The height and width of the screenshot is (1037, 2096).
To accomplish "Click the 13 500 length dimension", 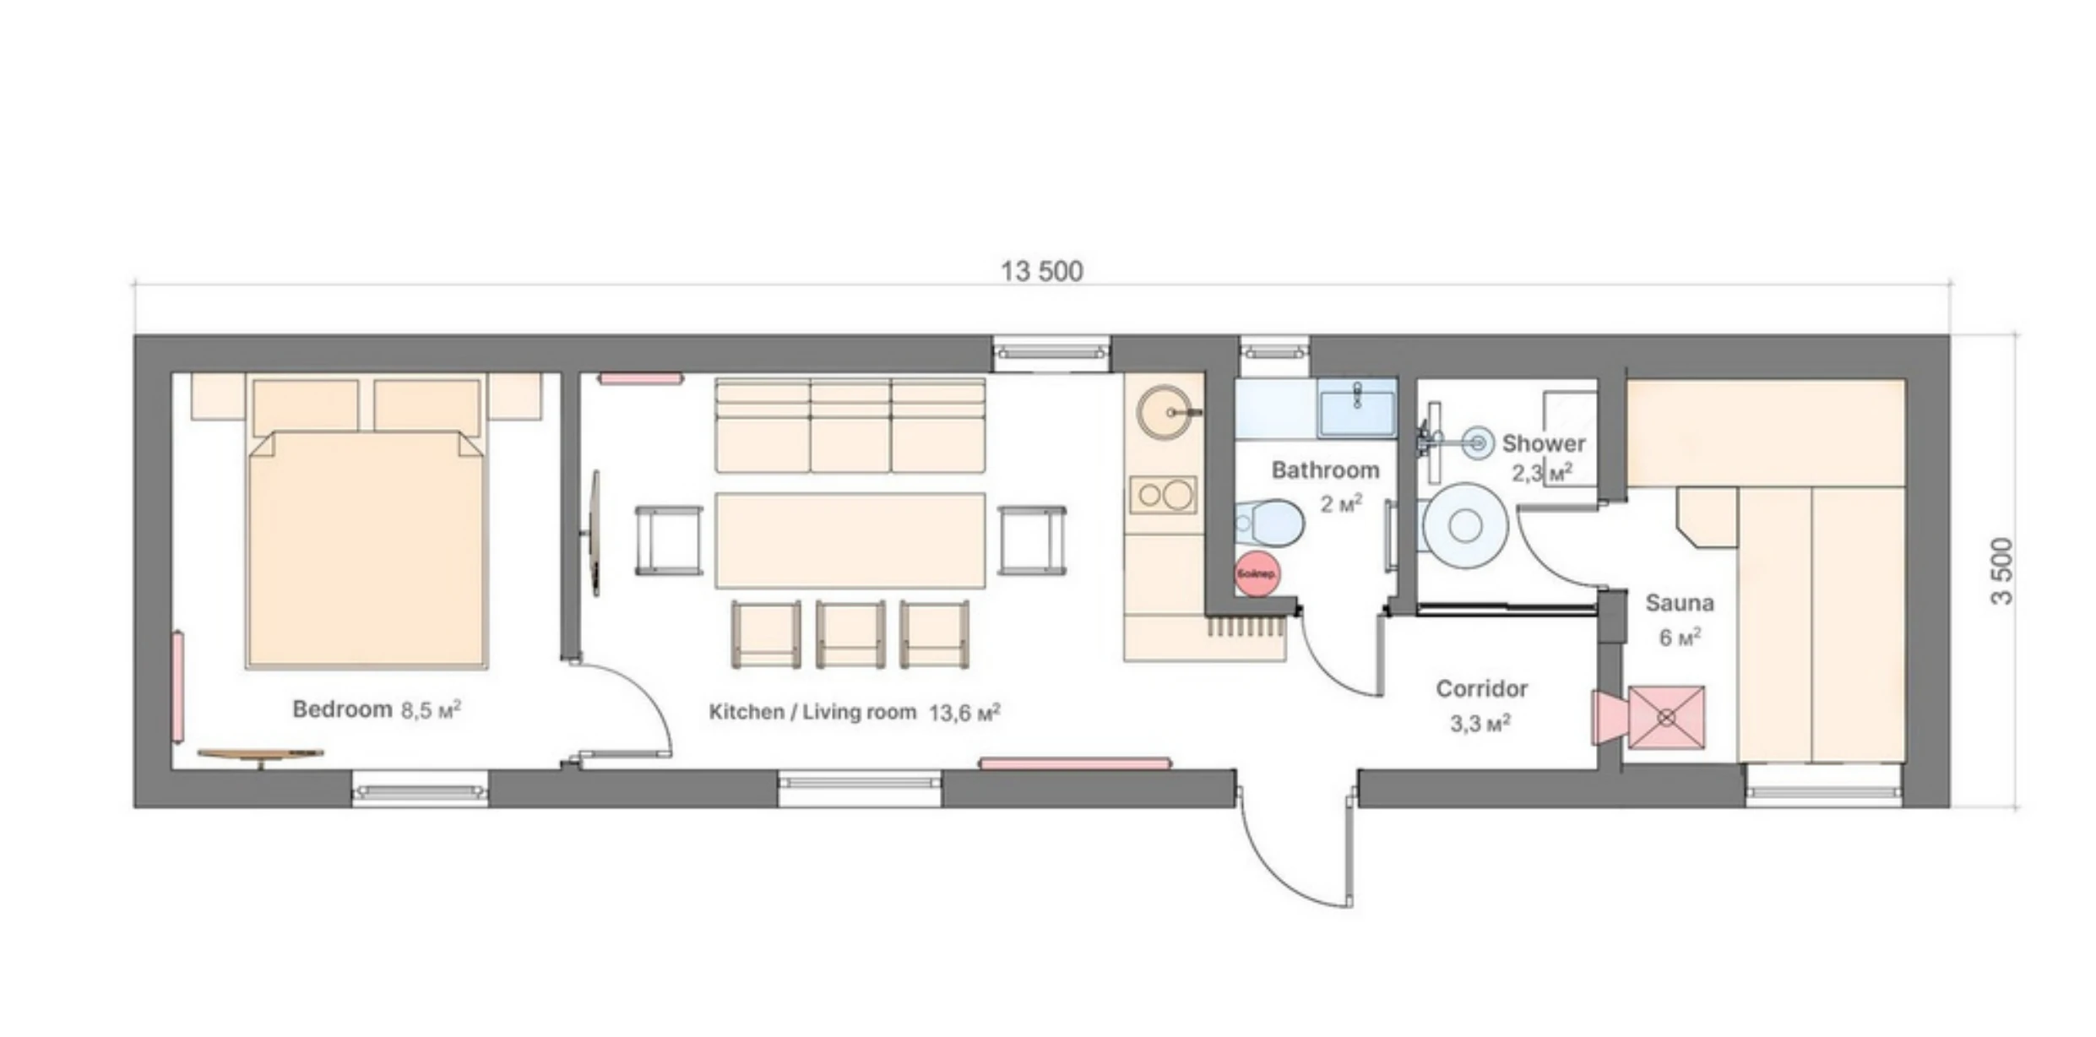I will point(1041,271).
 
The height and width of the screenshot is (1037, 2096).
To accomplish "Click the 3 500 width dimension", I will point(2001,571).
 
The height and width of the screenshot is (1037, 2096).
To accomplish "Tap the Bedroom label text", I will point(342,709).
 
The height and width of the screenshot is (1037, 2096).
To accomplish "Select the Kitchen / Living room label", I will point(812,712).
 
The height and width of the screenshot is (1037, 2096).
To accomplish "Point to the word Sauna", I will point(1679,603).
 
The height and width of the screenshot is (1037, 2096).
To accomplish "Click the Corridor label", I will point(1481,688).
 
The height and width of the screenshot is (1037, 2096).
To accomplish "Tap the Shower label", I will point(1543,442).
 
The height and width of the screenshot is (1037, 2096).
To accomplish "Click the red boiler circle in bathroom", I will point(1257,574).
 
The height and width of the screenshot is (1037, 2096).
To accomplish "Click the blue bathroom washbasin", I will point(1357,408).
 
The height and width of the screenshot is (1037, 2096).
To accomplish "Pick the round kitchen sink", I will point(1164,412).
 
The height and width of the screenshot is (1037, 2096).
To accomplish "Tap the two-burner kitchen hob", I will point(1163,495).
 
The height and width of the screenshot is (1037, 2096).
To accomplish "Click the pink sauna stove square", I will point(1665,717).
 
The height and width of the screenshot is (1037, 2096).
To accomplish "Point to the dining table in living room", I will point(850,540).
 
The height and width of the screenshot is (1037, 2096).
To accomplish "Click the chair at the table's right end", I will point(1031,540).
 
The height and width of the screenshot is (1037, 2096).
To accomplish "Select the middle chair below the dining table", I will point(850,633).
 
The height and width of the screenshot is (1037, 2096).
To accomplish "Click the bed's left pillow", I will point(306,405).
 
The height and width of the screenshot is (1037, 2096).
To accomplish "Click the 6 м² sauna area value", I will point(1679,637).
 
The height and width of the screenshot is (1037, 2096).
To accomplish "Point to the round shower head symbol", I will point(1477,442).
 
